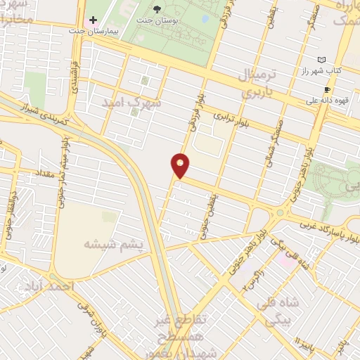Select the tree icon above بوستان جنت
tap(158, 11)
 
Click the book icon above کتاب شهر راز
tap(322, 60)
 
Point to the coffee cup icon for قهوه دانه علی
tap(327, 89)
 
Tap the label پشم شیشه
tap(113, 244)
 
